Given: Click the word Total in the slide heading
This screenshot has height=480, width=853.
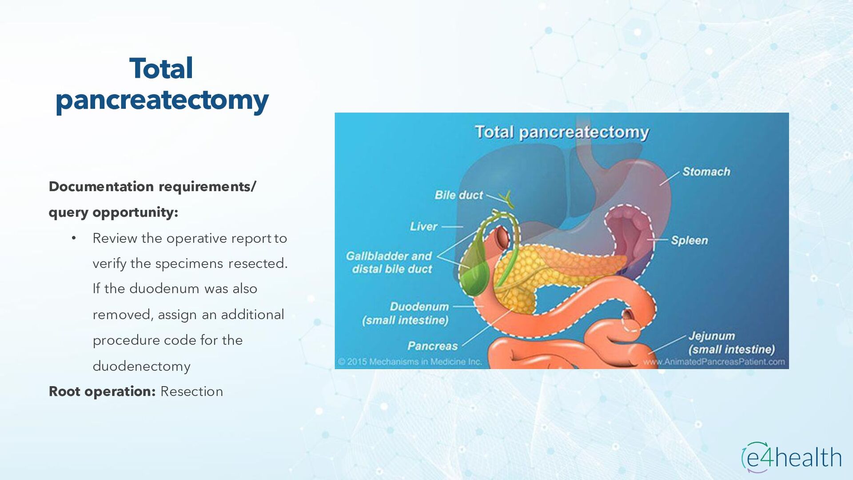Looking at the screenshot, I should pyautogui.click(x=161, y=69).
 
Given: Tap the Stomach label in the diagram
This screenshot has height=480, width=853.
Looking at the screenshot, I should pyautogui.click(x=706, y=172).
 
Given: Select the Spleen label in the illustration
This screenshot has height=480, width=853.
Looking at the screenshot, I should pyautogui.click(x=689, y=240).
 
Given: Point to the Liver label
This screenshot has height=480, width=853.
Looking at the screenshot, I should pyautogui.click(x=423, y=227).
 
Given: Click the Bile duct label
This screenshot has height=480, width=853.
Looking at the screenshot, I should pyautogui.click(x=458, y=195).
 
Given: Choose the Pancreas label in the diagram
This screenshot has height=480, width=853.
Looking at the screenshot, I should pyautogui.click(x=432, y=346).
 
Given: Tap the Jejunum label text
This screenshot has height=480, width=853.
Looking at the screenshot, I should pyautogui.click(x=711, y=336).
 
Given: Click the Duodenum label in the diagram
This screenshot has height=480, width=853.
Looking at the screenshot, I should pyautogui.click(x=419, y=307).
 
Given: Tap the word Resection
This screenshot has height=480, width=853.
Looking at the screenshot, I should pyautogui.click(x=191, y=392).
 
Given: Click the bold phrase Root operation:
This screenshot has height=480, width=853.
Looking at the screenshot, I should pyautogui.click(x=102, y=392).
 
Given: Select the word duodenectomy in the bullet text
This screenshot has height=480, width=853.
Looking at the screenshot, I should pyautogui.click(x=141, y=366).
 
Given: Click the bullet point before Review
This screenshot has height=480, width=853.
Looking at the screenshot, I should pyautogui.click(x=74, y=238).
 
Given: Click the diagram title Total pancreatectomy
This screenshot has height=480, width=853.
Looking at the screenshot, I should pyautogui.click(x=562, y=132).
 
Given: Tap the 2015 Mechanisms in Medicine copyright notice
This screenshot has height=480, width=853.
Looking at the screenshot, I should pyautogui.click(x=410, y=362).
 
